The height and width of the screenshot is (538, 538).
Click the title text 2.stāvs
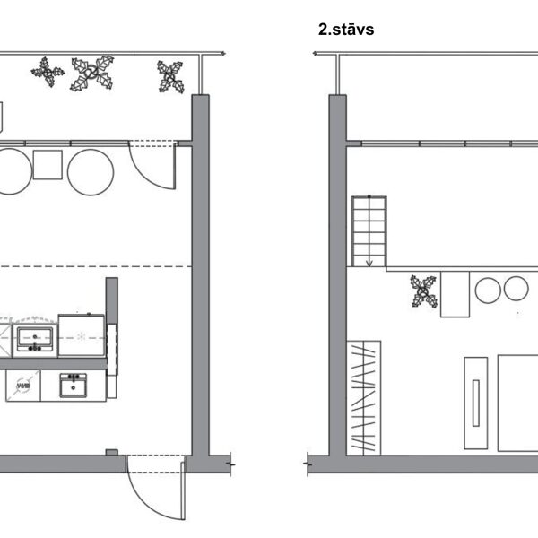[346, 30]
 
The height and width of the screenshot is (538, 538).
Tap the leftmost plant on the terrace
[48, 72]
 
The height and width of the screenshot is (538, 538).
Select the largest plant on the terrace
[92, 74]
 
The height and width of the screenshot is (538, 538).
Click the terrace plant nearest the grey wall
[170, 77]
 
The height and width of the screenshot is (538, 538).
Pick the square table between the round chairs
[48, 165]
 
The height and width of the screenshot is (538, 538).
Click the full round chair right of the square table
[91, 172]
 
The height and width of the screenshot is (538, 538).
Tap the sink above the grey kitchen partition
[35, 339]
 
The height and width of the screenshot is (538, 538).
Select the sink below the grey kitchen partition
[73, 386]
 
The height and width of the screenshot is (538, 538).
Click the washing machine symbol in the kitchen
[23, 386]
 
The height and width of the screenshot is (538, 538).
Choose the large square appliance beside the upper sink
[82, 335]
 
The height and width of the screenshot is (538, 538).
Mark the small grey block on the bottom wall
[112, 452]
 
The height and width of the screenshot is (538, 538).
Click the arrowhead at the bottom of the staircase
[369, 263]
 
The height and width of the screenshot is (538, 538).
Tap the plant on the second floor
[424, 291]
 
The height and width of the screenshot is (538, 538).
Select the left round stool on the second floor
[488, 291]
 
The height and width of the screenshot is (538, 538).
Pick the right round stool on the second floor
[516, 289]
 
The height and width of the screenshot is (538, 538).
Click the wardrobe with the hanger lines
[364, 398]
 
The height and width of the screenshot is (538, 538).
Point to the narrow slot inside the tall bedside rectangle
[476, 403]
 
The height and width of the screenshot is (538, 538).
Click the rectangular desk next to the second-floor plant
[455, 294]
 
